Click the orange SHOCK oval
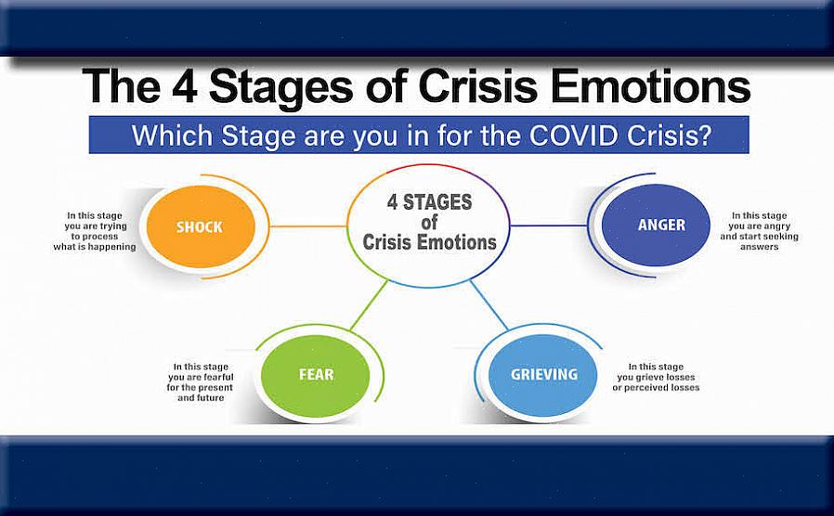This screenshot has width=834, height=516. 200,226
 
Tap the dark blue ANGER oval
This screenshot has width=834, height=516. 656,226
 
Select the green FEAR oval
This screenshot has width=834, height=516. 316,375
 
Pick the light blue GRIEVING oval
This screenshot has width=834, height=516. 543,375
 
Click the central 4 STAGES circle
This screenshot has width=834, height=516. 428,224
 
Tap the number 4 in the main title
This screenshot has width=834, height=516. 183,86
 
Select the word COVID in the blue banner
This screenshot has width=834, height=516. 582,135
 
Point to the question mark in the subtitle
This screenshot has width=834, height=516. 706,135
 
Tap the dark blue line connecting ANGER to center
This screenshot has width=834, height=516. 548,226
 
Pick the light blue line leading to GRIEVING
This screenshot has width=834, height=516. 489,304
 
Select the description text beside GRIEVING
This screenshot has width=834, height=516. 656,376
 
